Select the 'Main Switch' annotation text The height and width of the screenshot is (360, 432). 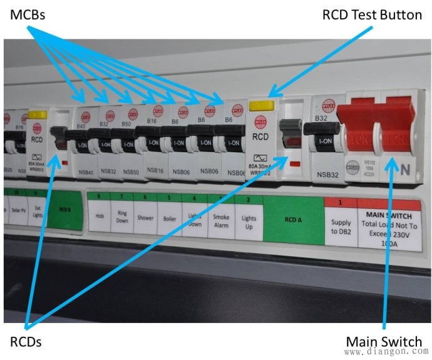[384, 341]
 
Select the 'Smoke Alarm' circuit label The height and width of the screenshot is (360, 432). [221, 222]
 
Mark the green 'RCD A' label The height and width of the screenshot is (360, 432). [292, 220]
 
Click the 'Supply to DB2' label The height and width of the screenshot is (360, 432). [341, 227]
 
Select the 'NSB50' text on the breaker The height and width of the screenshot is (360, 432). [130, 172]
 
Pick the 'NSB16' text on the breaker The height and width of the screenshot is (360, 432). [154, 172]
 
